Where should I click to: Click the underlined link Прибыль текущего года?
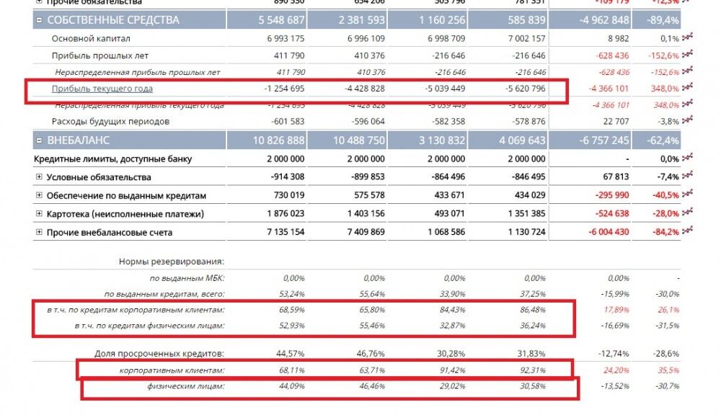(x=102, y=89)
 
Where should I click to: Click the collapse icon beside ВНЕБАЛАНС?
(x=39, y=140)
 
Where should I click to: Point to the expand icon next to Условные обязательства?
(x=39, y=177)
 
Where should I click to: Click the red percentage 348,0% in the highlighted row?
(x=664, y=89)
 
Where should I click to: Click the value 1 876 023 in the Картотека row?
(x=285, y=214)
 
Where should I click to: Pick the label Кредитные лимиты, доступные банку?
(x=112, y=159)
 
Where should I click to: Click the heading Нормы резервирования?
(x=172, y=262)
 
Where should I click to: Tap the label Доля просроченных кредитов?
(x=159, y=354)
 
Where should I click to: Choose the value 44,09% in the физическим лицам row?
(x=291, y=388)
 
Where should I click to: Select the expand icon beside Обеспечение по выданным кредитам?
(x=39, y=196)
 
